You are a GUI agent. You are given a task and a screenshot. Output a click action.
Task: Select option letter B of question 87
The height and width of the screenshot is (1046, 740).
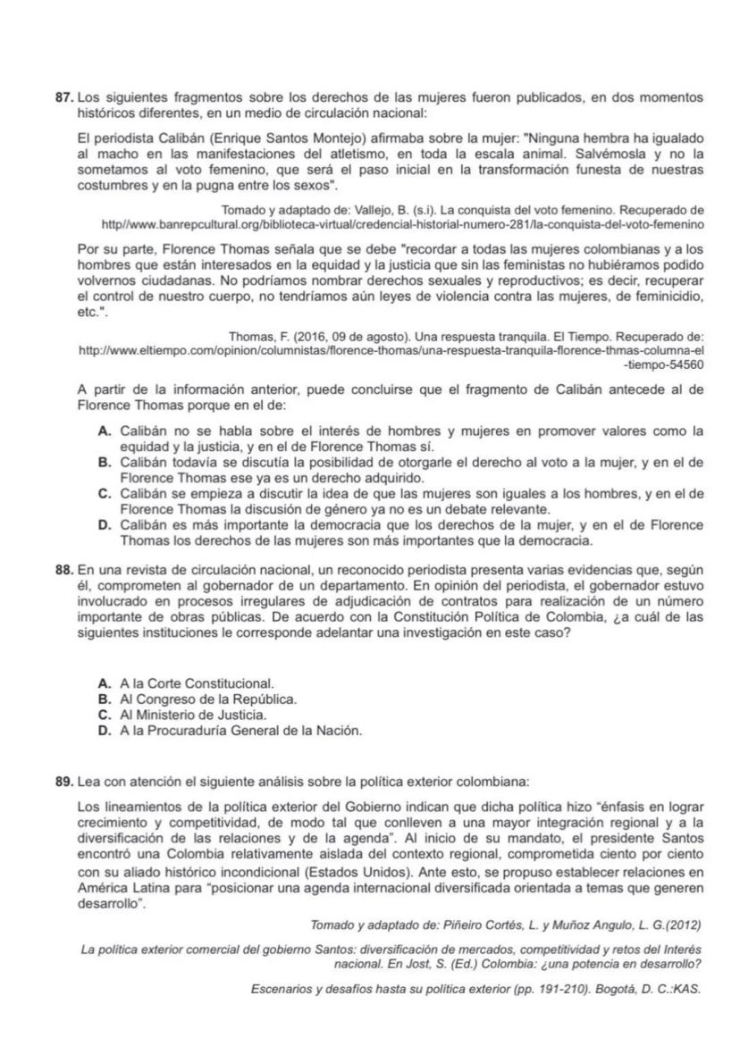[x=104, y=462]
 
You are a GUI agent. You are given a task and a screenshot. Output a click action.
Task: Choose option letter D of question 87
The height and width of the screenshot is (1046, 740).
[x=104, y=524]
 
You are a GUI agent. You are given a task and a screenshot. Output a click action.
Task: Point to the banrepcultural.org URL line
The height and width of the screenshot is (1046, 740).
[x=402, y=223]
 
